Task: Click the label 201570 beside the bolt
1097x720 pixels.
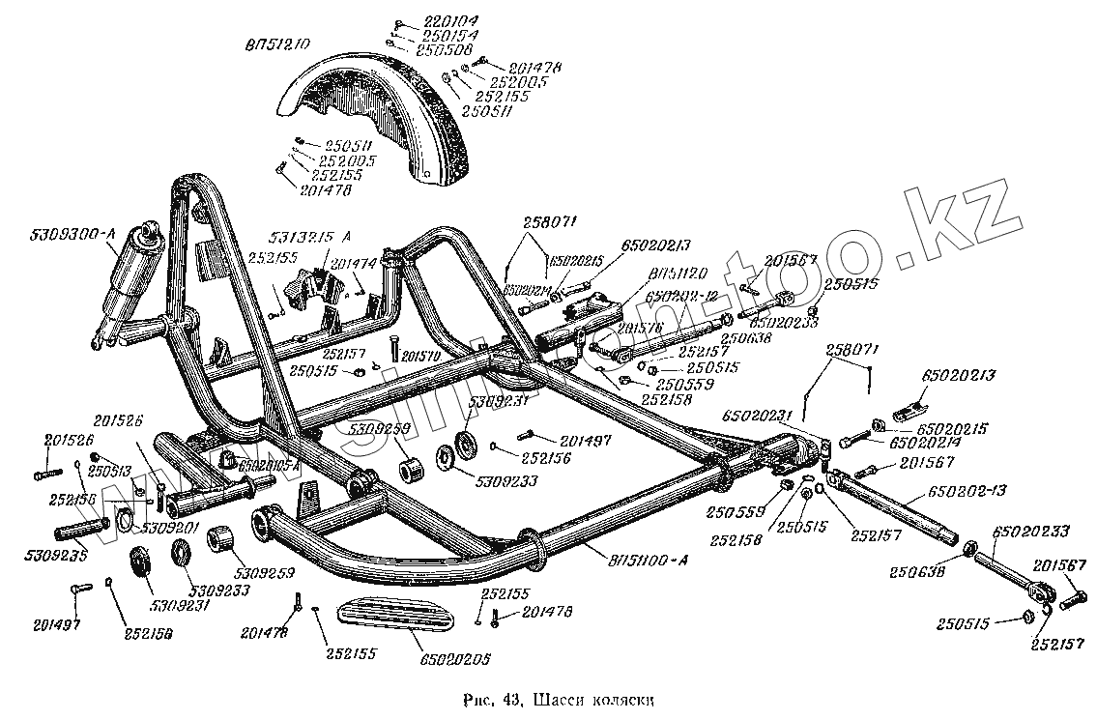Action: tap(422, 355)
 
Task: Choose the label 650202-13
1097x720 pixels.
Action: tap(967, 492)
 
